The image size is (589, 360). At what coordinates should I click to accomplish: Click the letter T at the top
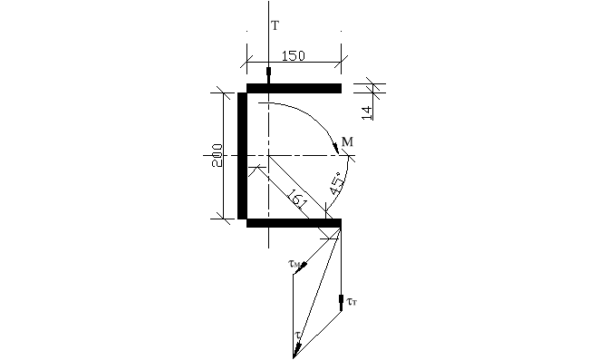point(275,26)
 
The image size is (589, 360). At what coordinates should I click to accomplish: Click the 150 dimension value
point(294,55)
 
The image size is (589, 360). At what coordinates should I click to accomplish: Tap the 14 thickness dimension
point(366,112)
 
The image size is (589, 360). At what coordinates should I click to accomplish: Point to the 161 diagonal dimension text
point(296,197)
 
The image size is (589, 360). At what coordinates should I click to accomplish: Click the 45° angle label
point(337,185)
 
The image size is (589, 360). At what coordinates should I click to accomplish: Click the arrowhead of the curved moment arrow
point(336,148)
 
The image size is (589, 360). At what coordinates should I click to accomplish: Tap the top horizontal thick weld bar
point(294,88)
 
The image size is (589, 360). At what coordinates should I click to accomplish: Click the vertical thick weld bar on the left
point(242,155)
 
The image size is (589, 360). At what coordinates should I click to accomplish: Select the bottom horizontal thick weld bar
point(294,222)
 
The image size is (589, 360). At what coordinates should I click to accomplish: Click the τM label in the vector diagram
point(294,264)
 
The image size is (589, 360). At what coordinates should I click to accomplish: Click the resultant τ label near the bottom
point(296,335)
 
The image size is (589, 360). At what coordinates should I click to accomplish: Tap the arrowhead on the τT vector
point(340,301)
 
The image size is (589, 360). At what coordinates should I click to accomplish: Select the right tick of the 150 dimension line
point(341,63)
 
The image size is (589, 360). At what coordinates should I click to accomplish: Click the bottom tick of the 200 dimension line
point(223,219)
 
